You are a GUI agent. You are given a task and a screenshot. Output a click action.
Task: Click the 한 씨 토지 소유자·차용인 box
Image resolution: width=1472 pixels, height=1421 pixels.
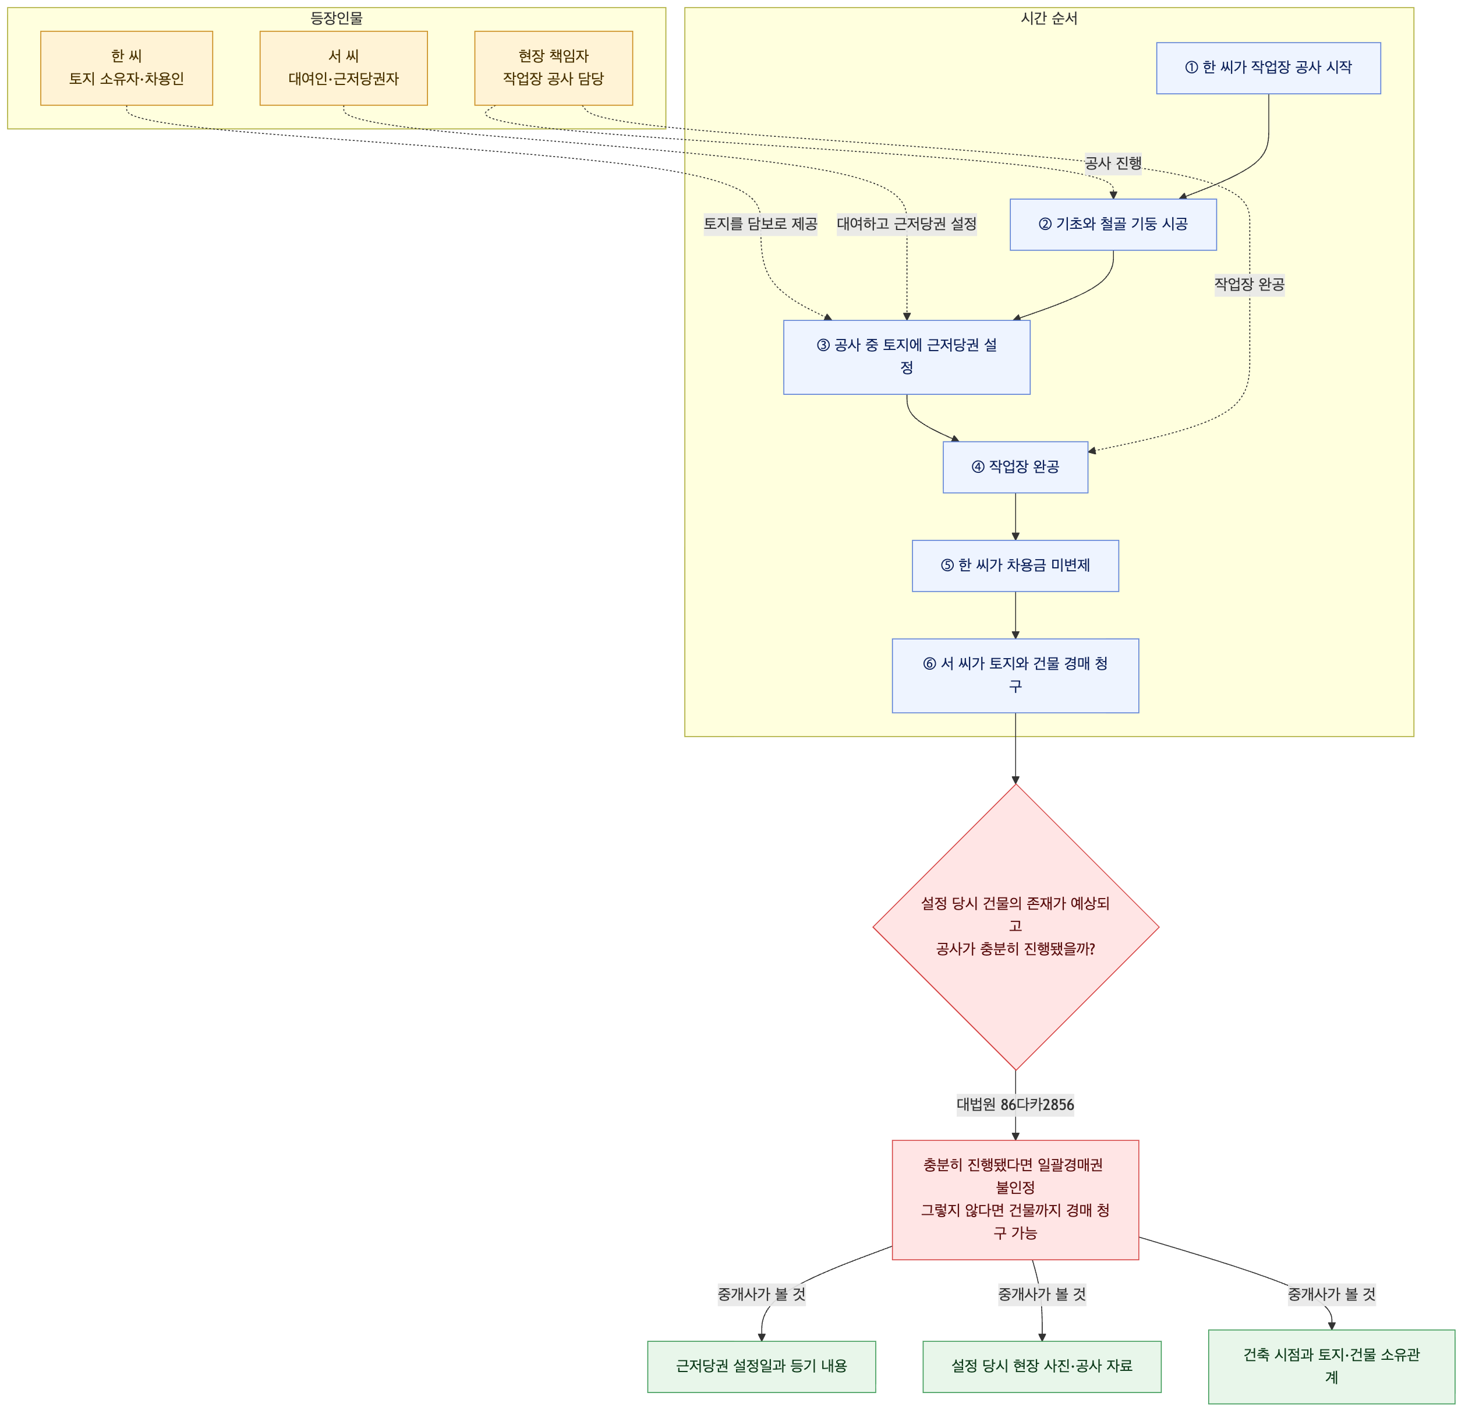(x=126, y=68)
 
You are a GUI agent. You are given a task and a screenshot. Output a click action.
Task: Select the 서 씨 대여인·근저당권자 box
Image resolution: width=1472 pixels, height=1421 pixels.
(x=343, y=68)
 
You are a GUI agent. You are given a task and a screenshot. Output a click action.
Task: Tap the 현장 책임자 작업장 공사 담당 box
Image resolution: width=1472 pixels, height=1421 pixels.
(x=554, y=68)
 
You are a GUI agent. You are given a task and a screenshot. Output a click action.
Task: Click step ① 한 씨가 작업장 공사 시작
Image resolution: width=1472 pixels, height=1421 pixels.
(x=1268, y=68)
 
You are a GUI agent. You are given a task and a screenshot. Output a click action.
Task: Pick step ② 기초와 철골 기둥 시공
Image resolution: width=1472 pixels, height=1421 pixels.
(x=1113, y=224)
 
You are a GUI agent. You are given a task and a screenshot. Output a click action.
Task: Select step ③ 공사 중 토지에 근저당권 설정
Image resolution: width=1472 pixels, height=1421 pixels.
(x=907, y=357)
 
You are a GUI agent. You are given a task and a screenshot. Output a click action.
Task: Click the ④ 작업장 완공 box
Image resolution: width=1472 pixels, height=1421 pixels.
(x=1015, y=466)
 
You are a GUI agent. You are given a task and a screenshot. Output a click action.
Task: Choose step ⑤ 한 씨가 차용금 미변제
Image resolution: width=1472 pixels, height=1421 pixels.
(x=1015, y=565)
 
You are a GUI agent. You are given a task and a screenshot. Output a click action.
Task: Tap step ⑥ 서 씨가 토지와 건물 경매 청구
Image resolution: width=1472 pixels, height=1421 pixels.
(x=1015, y=675)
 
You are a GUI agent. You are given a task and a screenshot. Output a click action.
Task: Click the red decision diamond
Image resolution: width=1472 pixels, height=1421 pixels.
(x=1015, y=927)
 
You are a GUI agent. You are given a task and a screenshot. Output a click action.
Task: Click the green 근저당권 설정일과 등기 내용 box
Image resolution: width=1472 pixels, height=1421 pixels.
(x=762, y=1366)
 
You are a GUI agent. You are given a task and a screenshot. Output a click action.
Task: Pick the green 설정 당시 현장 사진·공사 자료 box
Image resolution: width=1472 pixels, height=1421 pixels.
(x=1042, y=1366)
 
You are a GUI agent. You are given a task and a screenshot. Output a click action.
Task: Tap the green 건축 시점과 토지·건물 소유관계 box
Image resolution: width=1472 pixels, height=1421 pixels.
(x=1332, y=1366)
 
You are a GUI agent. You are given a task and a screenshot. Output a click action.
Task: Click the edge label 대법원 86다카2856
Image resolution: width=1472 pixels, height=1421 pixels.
(x=1015, y=1104)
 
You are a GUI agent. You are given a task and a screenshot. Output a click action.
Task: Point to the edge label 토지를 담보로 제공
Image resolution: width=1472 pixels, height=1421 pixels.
(x=760, y=224)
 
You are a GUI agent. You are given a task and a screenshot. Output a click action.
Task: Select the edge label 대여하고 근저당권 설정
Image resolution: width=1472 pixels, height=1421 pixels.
(x=907, y=224)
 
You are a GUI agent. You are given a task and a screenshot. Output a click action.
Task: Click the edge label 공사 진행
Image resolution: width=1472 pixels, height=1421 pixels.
(x=1113, y=163)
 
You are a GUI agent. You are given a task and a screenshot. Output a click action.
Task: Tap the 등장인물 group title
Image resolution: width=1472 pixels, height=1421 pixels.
(x=337, y=18)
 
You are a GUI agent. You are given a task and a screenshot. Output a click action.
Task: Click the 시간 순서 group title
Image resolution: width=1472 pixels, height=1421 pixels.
(x=1049, y=18)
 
